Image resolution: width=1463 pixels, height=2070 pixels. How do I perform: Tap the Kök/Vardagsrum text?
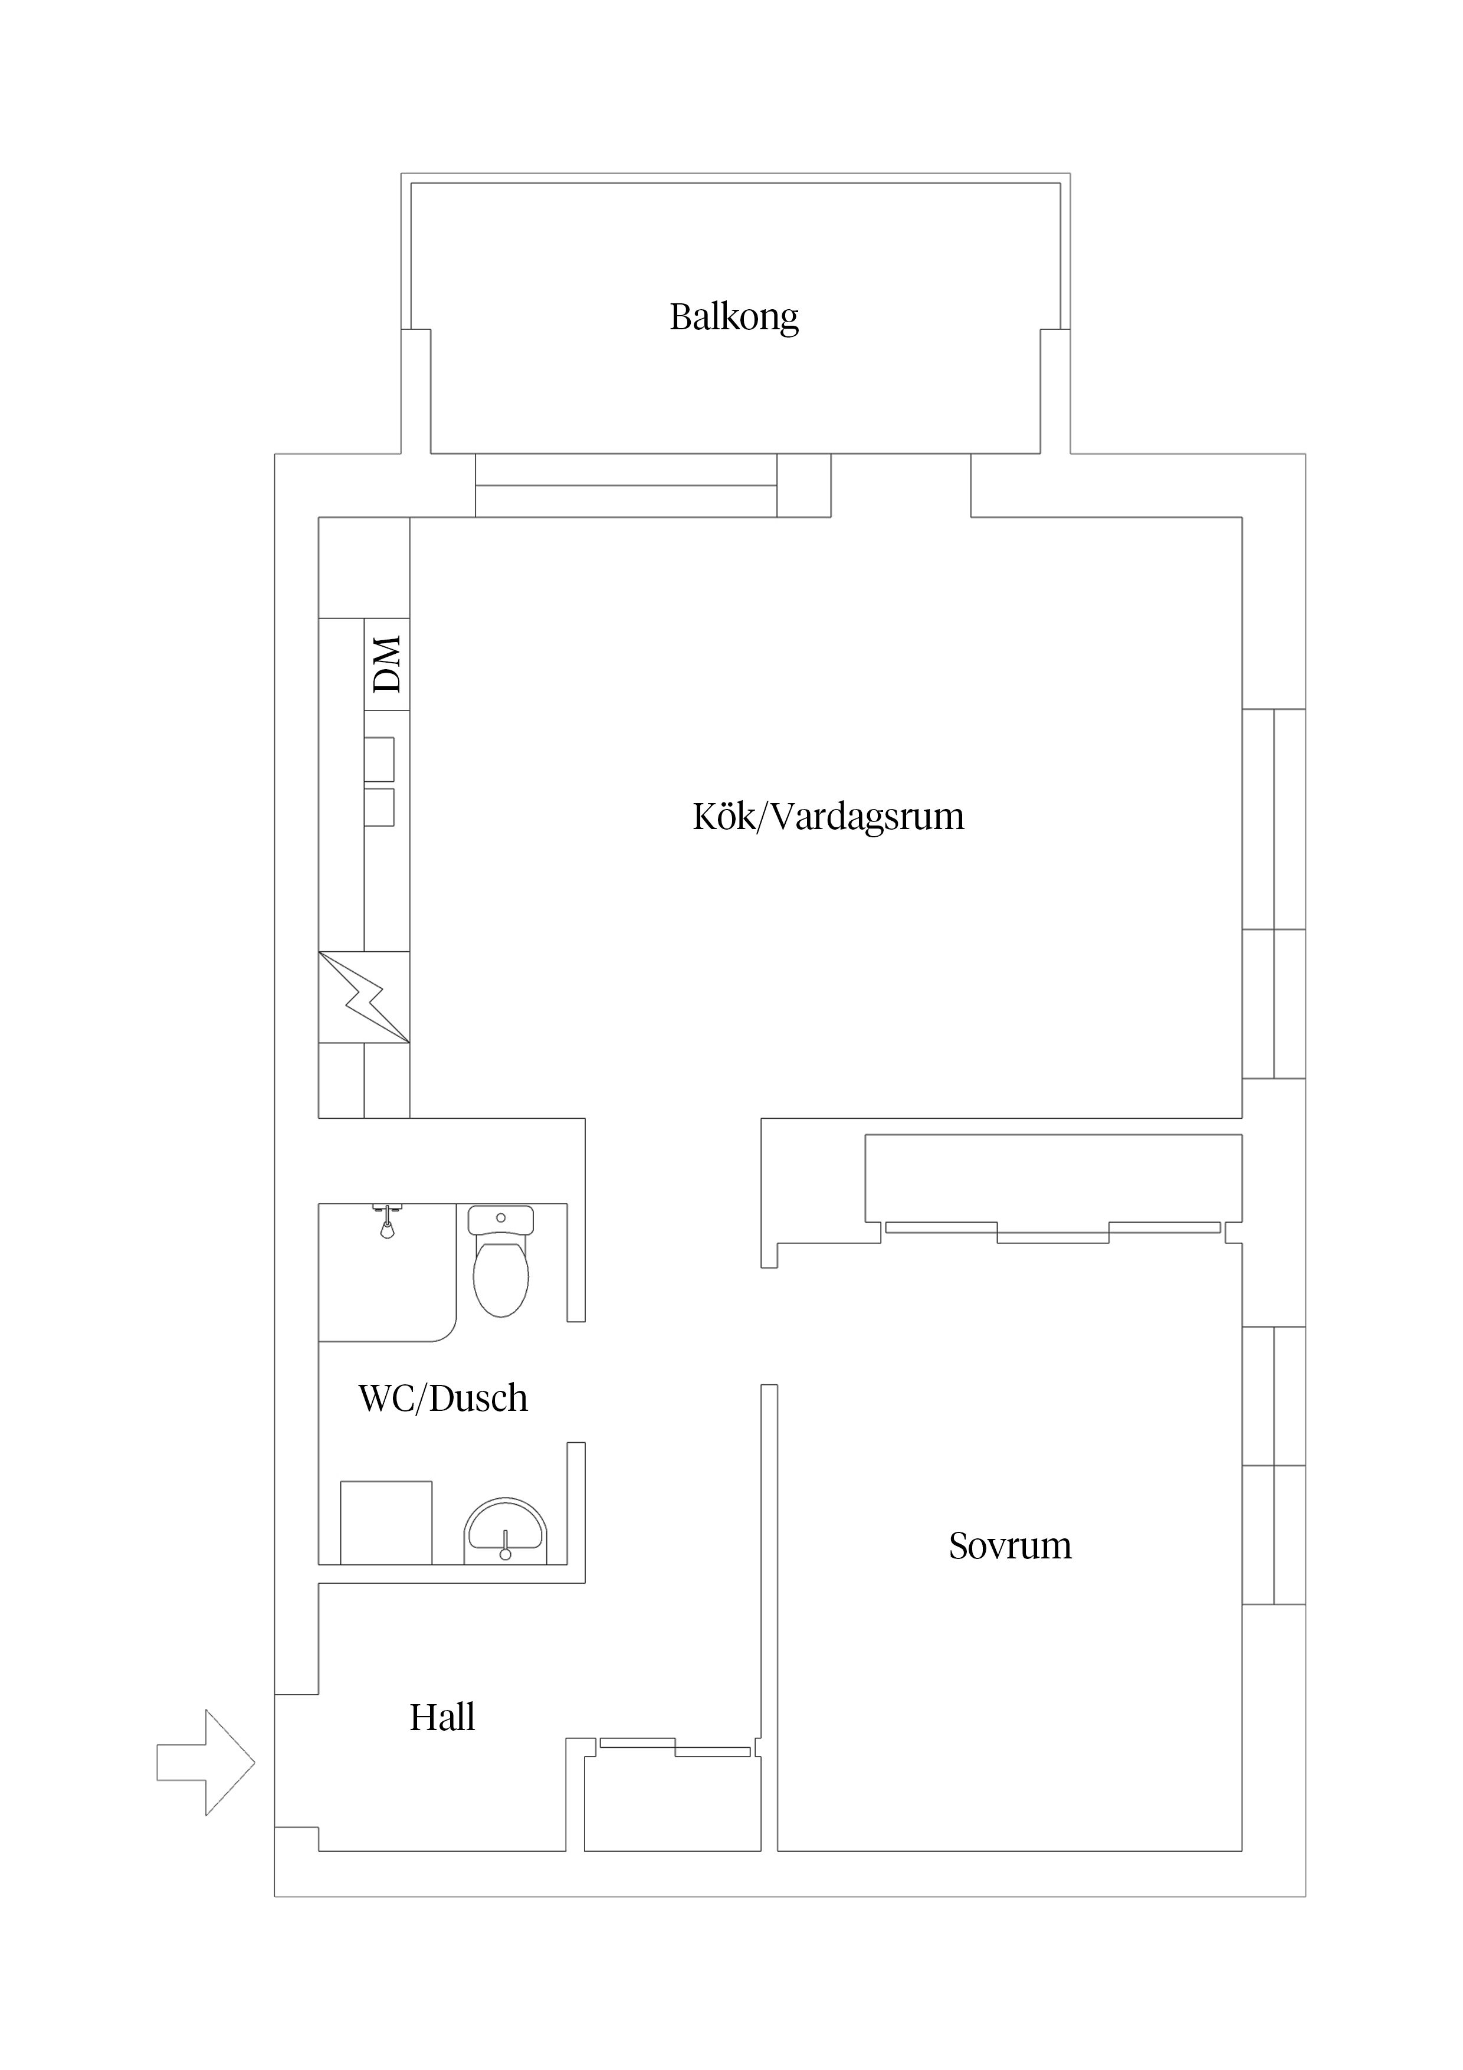coord(828,817)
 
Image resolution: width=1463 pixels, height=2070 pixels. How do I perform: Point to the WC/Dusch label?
coord(442,1398)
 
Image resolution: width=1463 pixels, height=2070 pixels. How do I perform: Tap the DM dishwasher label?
coord(388,664)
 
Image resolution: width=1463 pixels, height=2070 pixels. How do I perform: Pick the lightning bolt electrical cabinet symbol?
coord(364,998)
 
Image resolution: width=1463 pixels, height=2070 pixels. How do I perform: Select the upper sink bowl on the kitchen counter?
coord(379,759)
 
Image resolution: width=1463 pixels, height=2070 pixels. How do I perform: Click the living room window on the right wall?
coord(1274,893)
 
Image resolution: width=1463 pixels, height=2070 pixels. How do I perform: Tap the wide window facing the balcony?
coord(625,485)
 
